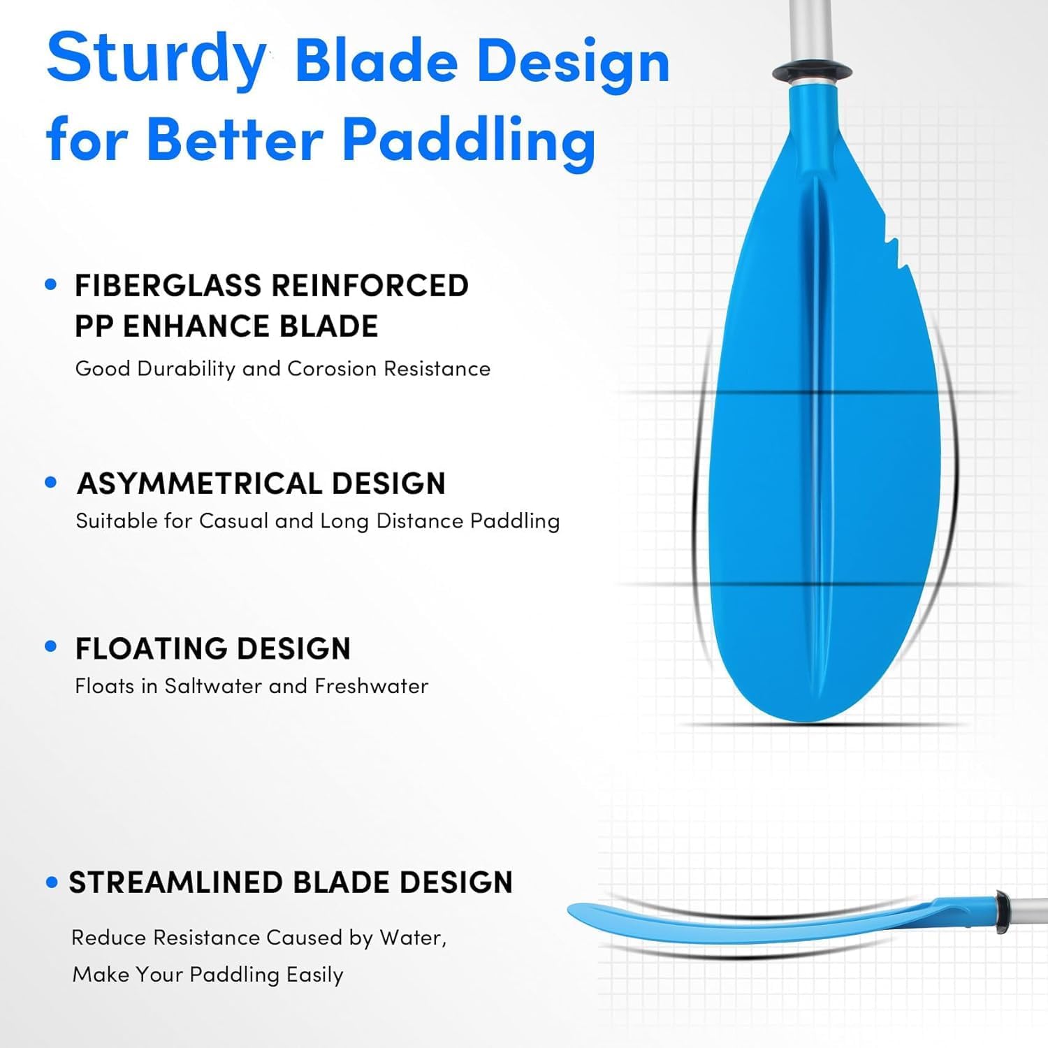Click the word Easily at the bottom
pos(314,975)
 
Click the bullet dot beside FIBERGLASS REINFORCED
pos(50,284)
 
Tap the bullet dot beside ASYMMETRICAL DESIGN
pos(50,482)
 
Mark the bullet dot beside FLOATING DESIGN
pos(50,647)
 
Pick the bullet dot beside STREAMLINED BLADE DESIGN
pos(51,882)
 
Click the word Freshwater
pos(371,686)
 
